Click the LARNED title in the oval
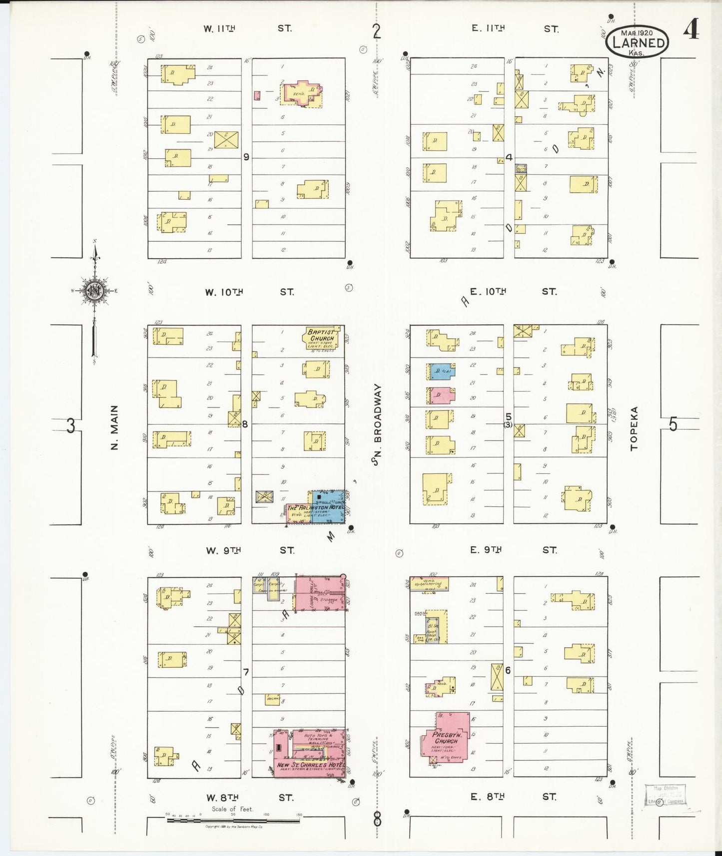(639, 43)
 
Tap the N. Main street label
(114, 428)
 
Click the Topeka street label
(634, 428)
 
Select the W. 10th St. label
(248, 292)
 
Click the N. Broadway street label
(377, 425)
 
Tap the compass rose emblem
(93, 291)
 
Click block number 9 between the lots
(246, 157)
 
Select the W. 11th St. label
(247, 29)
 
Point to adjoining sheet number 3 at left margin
(71, 426)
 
